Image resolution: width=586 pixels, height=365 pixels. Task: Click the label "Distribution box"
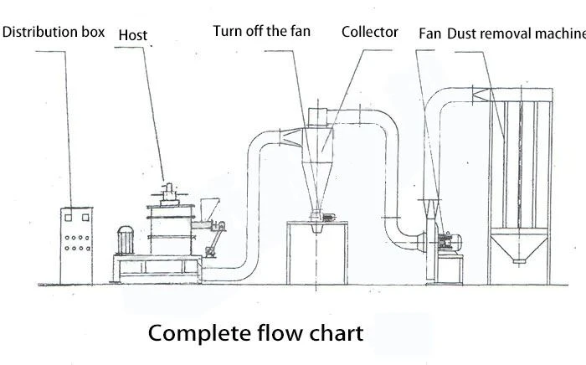click(54, 32)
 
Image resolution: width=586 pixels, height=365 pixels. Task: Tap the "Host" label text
click(132, 35)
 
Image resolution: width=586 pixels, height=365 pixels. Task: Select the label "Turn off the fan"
click(261, 31)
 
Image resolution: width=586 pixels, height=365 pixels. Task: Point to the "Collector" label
click(370, 32)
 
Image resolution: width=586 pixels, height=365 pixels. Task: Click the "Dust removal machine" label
click(517, 33)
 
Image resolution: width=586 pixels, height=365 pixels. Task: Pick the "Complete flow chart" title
click(255, 333)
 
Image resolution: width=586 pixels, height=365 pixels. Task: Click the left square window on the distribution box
click(69, 218)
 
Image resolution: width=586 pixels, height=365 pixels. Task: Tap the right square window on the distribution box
click(85, 218)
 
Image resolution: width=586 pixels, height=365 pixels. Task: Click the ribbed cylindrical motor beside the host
click(126, 240)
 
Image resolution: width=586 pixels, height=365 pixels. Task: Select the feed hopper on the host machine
click(208, 209)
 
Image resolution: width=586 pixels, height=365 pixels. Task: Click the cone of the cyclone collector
click(317, 186)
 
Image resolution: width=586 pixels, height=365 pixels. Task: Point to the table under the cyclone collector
click(317, 253)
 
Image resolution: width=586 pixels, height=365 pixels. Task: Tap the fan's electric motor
click(450, 242)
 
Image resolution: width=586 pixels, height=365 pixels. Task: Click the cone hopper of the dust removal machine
click(520, 247)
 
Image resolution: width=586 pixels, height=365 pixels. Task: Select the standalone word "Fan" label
click(429, 33)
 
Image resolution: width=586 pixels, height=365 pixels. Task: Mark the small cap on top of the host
click(169, 188)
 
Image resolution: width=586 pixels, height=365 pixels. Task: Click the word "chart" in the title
click(336, 333)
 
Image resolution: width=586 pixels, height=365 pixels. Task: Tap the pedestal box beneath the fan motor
click(450, 269)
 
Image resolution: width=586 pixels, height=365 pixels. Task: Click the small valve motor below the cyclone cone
click(328, 218)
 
